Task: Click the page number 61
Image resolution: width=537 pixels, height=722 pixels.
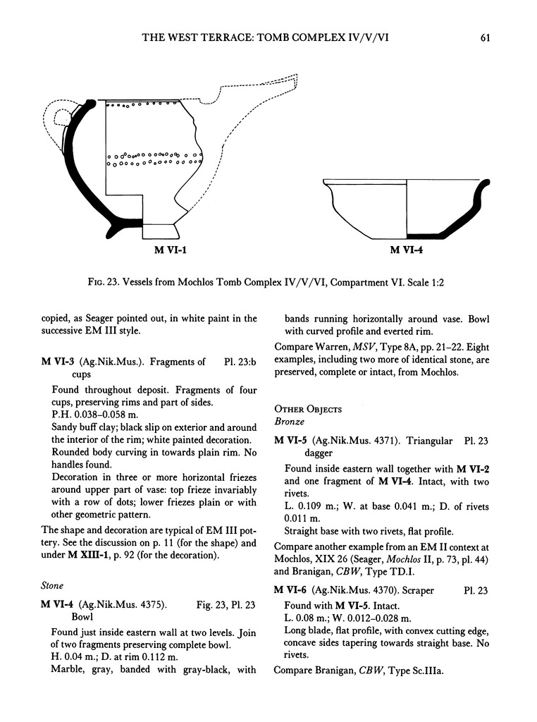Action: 485,37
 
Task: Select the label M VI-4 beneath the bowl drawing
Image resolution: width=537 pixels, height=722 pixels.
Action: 407,250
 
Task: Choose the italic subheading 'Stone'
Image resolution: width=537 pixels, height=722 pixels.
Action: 54,585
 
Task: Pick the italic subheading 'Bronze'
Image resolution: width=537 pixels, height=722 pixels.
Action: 288,422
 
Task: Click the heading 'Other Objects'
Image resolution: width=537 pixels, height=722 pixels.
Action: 307,409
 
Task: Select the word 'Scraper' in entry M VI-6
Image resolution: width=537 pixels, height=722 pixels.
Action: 412,589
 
